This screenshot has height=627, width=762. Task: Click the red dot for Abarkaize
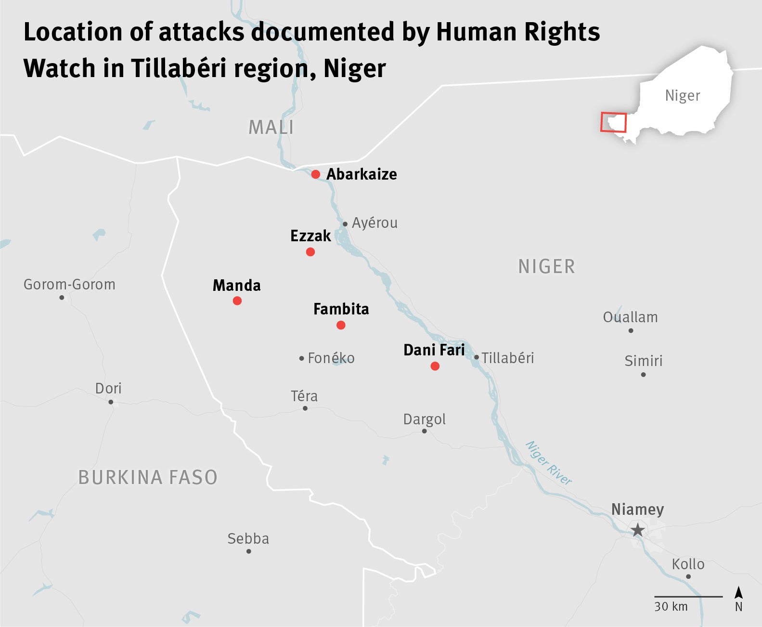[315, 174]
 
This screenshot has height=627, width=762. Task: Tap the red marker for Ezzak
[310, 252]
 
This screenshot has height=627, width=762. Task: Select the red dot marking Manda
[237, 301]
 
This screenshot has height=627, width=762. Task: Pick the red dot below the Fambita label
[341, 325]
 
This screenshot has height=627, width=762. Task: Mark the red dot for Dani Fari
[435, 366]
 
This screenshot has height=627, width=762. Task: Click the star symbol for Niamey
[638, 530]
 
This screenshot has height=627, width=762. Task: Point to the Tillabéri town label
[508, 358]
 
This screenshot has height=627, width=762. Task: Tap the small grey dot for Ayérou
[345, 224]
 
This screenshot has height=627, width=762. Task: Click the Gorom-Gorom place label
[69, 285]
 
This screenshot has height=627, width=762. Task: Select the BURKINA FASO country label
[148, 477]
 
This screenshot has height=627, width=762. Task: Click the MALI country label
[271, 128]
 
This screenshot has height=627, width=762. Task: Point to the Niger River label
[549, 462]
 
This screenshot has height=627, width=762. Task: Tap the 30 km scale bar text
[671, 606]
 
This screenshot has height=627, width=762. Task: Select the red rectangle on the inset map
[613, 122]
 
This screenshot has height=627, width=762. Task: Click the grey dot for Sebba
[249, 551]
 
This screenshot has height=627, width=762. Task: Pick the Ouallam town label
[630, 317]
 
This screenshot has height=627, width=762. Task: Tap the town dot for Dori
[111, 402]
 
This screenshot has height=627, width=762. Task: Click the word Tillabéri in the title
[179, 68]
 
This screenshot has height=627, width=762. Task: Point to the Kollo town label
[688, 564]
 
